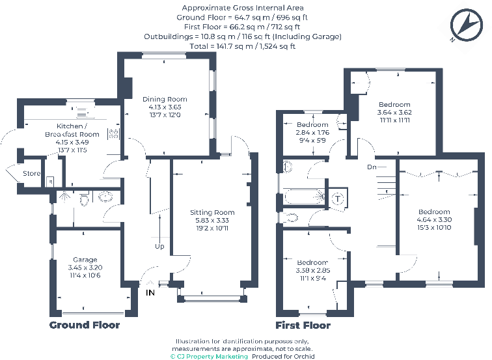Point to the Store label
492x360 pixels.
click(x=31, y=174)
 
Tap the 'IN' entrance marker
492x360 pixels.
click(x=150, y=293)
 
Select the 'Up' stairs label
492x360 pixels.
click(x=159, y=247)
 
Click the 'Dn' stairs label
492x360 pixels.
click(x=372, y=167)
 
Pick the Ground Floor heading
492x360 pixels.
click(x=85, y=325)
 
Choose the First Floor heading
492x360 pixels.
click(x=303, y=325)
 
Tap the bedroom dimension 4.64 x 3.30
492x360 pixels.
click(x=434, y=220)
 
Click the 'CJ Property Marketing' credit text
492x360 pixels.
click(x=209, y=356)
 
